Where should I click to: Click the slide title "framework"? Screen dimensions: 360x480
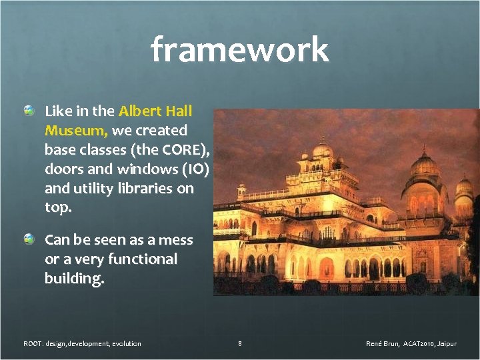[239, 50]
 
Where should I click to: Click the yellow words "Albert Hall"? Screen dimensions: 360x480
[155, 111]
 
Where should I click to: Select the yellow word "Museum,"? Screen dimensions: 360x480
[77, 130]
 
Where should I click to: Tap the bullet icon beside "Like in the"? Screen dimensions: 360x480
[29, 111]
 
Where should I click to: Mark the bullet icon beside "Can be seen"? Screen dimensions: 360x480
[29, 239]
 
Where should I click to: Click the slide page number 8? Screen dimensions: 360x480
[239, 343]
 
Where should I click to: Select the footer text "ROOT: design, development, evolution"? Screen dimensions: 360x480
[82, 343]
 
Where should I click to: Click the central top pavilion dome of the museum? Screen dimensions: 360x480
[323, 148]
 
